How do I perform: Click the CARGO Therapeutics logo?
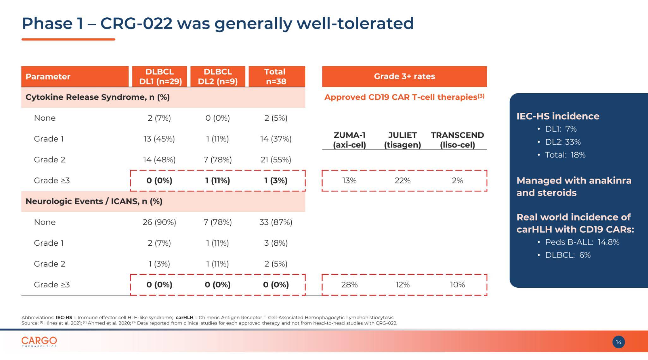(x=39, y=342)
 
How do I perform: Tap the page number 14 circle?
(x=618, y=342)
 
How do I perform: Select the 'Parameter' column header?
(x=48, y=76)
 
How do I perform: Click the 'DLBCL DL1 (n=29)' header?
(x=160, y=76)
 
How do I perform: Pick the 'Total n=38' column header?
(x=276, y=76)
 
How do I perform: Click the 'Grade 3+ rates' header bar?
(x=404, y=76)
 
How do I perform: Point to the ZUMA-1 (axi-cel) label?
(x=349, y=140)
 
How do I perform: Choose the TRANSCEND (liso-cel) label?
(x=457, y=140)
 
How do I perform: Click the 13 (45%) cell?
(x=159, y=139)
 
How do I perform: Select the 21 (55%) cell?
(x=276, y=160)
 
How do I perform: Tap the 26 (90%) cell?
(x=159, y=222)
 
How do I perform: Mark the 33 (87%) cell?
(x=276, y=222)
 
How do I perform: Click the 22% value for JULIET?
(x=402, y=181)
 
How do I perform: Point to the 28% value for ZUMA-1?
(x=349, y=285)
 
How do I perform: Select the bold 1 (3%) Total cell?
(x=276, y=181)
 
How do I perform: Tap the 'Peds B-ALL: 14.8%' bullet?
(x=582, y=242)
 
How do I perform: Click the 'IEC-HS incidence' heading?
(x=558, y=116)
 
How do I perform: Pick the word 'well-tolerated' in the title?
(x=355, y=24)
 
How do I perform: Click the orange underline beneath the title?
(x=68, y=39)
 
